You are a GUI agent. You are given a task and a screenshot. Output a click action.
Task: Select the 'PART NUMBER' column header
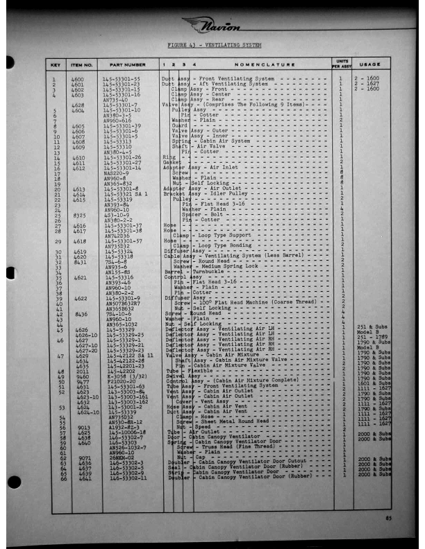pos(126,64)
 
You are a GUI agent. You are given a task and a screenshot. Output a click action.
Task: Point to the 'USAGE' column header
pos(371,64)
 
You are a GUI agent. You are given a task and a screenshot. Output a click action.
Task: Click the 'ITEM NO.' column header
pos(82,64)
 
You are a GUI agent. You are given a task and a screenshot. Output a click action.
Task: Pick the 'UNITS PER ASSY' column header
pos(341,64)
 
